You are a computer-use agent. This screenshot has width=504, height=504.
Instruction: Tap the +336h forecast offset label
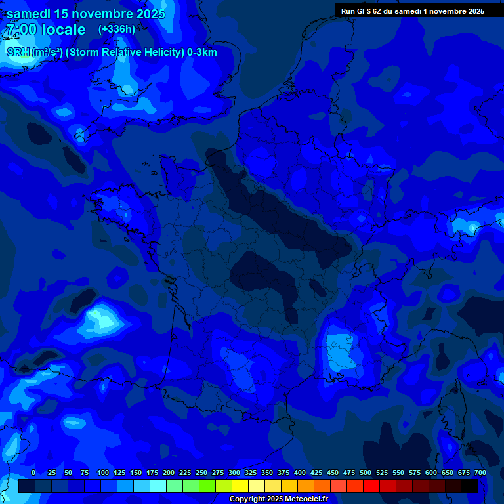click(117, 29)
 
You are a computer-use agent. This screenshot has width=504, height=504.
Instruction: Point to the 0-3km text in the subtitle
click(201, 52)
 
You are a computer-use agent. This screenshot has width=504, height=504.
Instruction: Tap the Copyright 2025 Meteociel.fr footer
click(278, 499)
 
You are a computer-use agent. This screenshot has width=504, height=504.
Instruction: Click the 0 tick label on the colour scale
click(33, 472)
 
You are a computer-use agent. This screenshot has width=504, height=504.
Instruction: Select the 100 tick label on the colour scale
click(102, 472)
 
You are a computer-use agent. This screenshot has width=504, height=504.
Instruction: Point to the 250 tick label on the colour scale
click(201, 472)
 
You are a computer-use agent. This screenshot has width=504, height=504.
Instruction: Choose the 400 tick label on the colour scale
click(300, 472)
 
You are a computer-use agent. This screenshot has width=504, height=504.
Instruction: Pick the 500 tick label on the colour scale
click(366, 472)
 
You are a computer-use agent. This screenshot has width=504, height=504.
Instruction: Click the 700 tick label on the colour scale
click(480, 472)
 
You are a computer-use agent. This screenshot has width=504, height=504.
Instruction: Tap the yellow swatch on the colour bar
click(240, 486)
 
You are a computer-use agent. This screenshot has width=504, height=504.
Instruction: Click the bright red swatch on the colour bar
click(371, 486)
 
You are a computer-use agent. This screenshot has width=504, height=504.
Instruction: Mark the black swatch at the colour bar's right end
click(470, 486)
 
